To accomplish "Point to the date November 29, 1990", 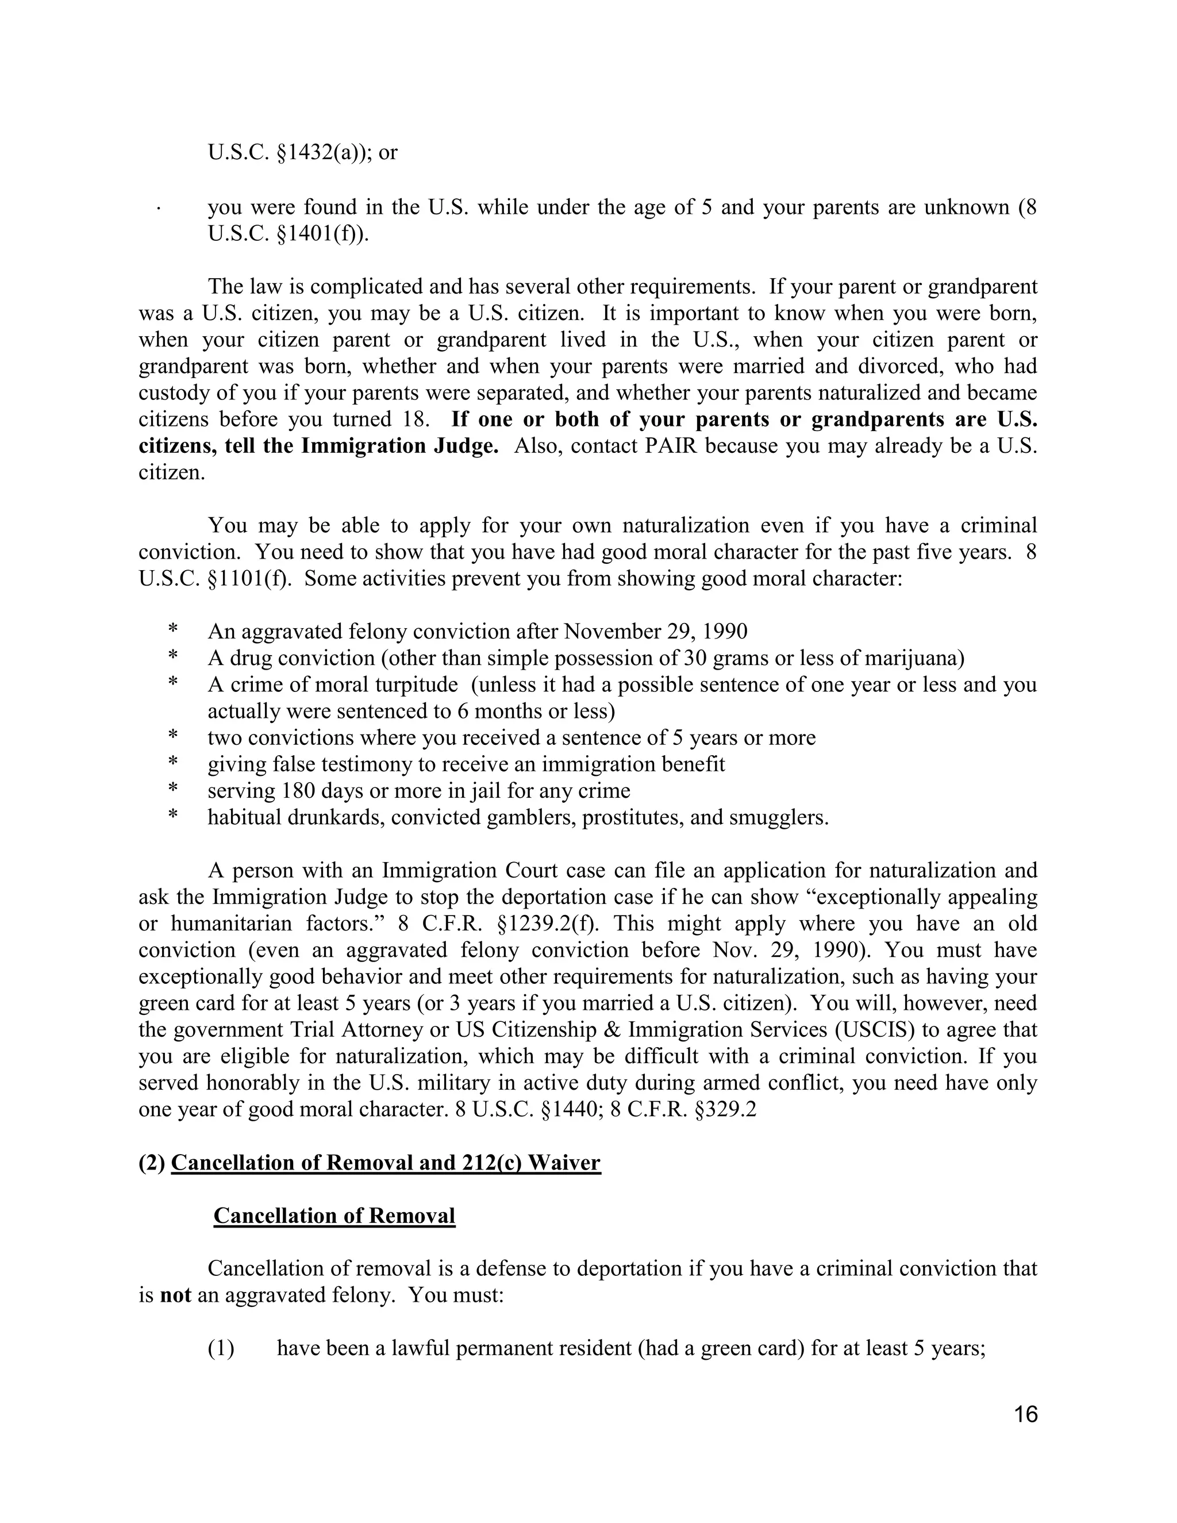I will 655,631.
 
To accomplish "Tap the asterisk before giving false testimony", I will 172,764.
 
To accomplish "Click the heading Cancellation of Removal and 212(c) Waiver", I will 385,1163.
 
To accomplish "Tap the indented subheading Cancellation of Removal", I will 334,1216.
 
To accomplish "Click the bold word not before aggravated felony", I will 175,1295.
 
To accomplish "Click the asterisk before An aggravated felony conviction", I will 172,631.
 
